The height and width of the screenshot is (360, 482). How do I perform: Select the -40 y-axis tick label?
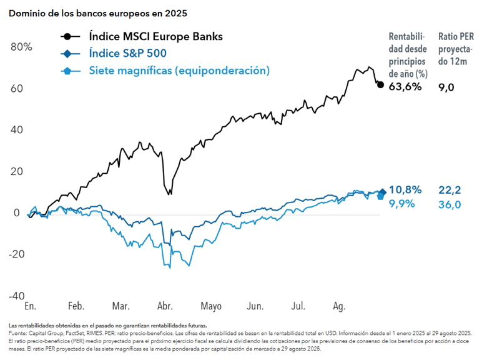pyautogui.click(x=16, y=296)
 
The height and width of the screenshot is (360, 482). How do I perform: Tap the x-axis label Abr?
pyautogui.click(x=165, y=307)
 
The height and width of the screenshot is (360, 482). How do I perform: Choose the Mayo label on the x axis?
pyautogui.click(x=211, y=307)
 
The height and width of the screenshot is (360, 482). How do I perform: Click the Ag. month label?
pyautogui.click(x=339, y=307)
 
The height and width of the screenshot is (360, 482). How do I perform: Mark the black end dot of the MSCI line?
pyautogui.click(x=381, y=84)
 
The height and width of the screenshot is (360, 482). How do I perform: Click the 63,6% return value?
pyautogui.click(x=405, y=87)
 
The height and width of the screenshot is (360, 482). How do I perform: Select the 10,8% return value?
pyautogui.click(x=405, y=189)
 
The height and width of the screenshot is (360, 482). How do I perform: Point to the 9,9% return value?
pyautogui.click(x=402, y=204)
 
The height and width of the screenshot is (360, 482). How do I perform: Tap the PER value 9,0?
pyautogui.click(x=446, y=87)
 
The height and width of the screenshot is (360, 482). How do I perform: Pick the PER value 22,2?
pyautogui.click(x=450, y=189)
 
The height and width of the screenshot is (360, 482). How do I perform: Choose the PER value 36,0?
pyautogui.click(x=450, y=204)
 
